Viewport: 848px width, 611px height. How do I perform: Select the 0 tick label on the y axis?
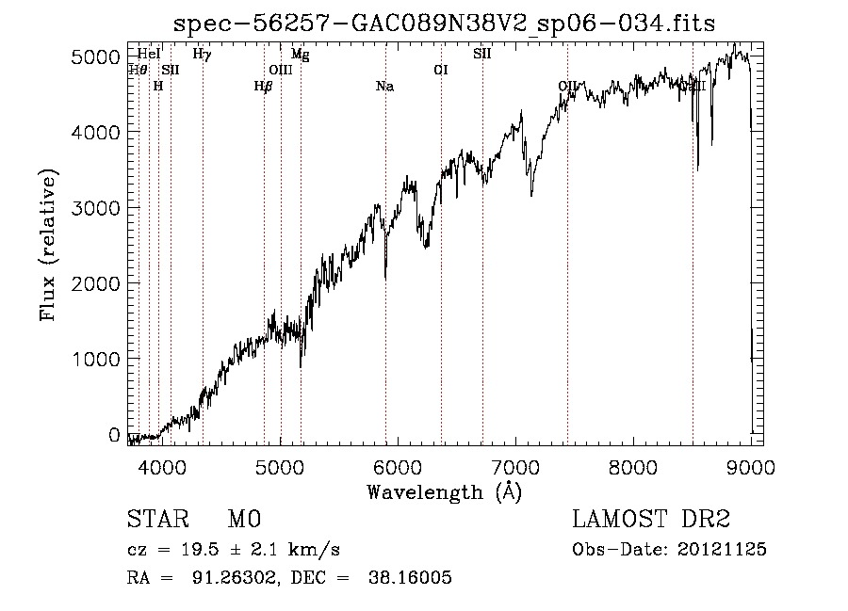114,435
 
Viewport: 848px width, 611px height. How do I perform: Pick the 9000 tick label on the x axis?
750,464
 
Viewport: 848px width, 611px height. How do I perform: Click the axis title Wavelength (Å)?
444,491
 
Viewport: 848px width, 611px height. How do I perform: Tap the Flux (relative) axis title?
48,246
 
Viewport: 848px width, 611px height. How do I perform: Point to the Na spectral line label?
384,87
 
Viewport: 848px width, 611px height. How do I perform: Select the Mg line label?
300,55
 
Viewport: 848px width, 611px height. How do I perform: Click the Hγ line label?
202,55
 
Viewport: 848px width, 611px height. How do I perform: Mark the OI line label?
440,70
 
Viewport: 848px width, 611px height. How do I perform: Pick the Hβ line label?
264,87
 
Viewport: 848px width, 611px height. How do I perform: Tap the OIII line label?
281,70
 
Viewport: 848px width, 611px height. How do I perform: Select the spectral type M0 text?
243,520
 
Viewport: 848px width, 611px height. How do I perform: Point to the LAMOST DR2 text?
651,520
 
